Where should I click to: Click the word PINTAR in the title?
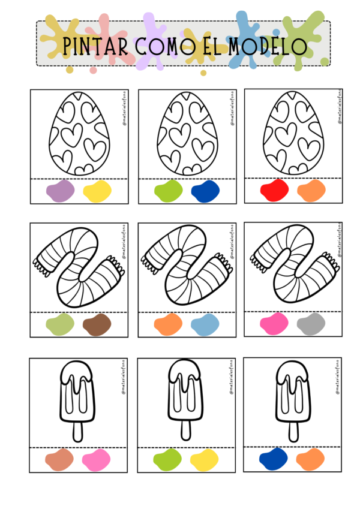(x=95, y=46)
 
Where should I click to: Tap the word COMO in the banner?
(x=165, y=46)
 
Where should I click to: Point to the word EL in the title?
(x=212, y=46)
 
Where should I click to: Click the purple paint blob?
(x=61, y=191)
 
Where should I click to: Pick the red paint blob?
(x=275, y=190)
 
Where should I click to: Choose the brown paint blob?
(x=97, y=324)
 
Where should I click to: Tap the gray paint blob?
(x=311, y=324)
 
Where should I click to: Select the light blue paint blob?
(x=205, y=324)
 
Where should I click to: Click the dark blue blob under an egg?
(x=205, y=191)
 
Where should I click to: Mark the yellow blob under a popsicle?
(x=205, y=460)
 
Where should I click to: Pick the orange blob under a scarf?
(x=169, y=324)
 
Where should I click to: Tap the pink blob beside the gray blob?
(x=274, y=324)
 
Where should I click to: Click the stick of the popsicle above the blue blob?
(x=294, y=432)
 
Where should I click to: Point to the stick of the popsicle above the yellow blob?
(x=186, y=431)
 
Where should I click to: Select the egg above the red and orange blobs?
(x=293, y=132)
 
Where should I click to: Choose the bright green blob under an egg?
(x=169, y=191)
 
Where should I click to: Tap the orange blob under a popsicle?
(x=310, y=459)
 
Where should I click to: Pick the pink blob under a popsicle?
(x=96, y=460)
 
